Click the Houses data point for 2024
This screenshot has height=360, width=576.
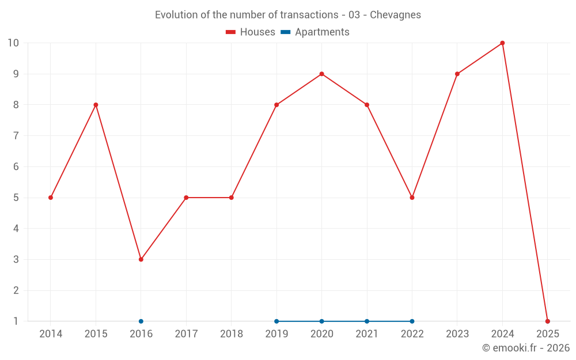pos(502,43)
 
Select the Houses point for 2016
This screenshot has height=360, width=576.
pos(141,259)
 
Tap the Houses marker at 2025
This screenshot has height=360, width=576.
pos(547,321)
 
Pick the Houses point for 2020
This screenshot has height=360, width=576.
pos(321,74)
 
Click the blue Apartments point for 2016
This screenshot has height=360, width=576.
pos(141,321)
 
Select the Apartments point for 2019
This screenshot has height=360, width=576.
pos(276,321)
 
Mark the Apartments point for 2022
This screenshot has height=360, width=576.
pos(412,321)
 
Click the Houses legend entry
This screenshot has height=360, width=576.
pos(251,32)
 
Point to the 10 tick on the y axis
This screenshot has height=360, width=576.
pos(13,43)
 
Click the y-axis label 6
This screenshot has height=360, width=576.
pos(16,166)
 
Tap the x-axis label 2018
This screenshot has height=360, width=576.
pos(231,334)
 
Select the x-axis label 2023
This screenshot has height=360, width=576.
pos(457,334)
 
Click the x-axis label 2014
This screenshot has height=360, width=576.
pos(51,334)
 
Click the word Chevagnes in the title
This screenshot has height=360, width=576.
pos(395,15)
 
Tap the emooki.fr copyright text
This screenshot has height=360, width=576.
pos(526,348)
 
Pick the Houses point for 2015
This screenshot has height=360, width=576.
pos(96,105)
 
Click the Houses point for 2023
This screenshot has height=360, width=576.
pos(457,74)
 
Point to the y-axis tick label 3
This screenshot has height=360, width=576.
pos(16,259)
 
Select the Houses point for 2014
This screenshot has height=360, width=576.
pos(51,198)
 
